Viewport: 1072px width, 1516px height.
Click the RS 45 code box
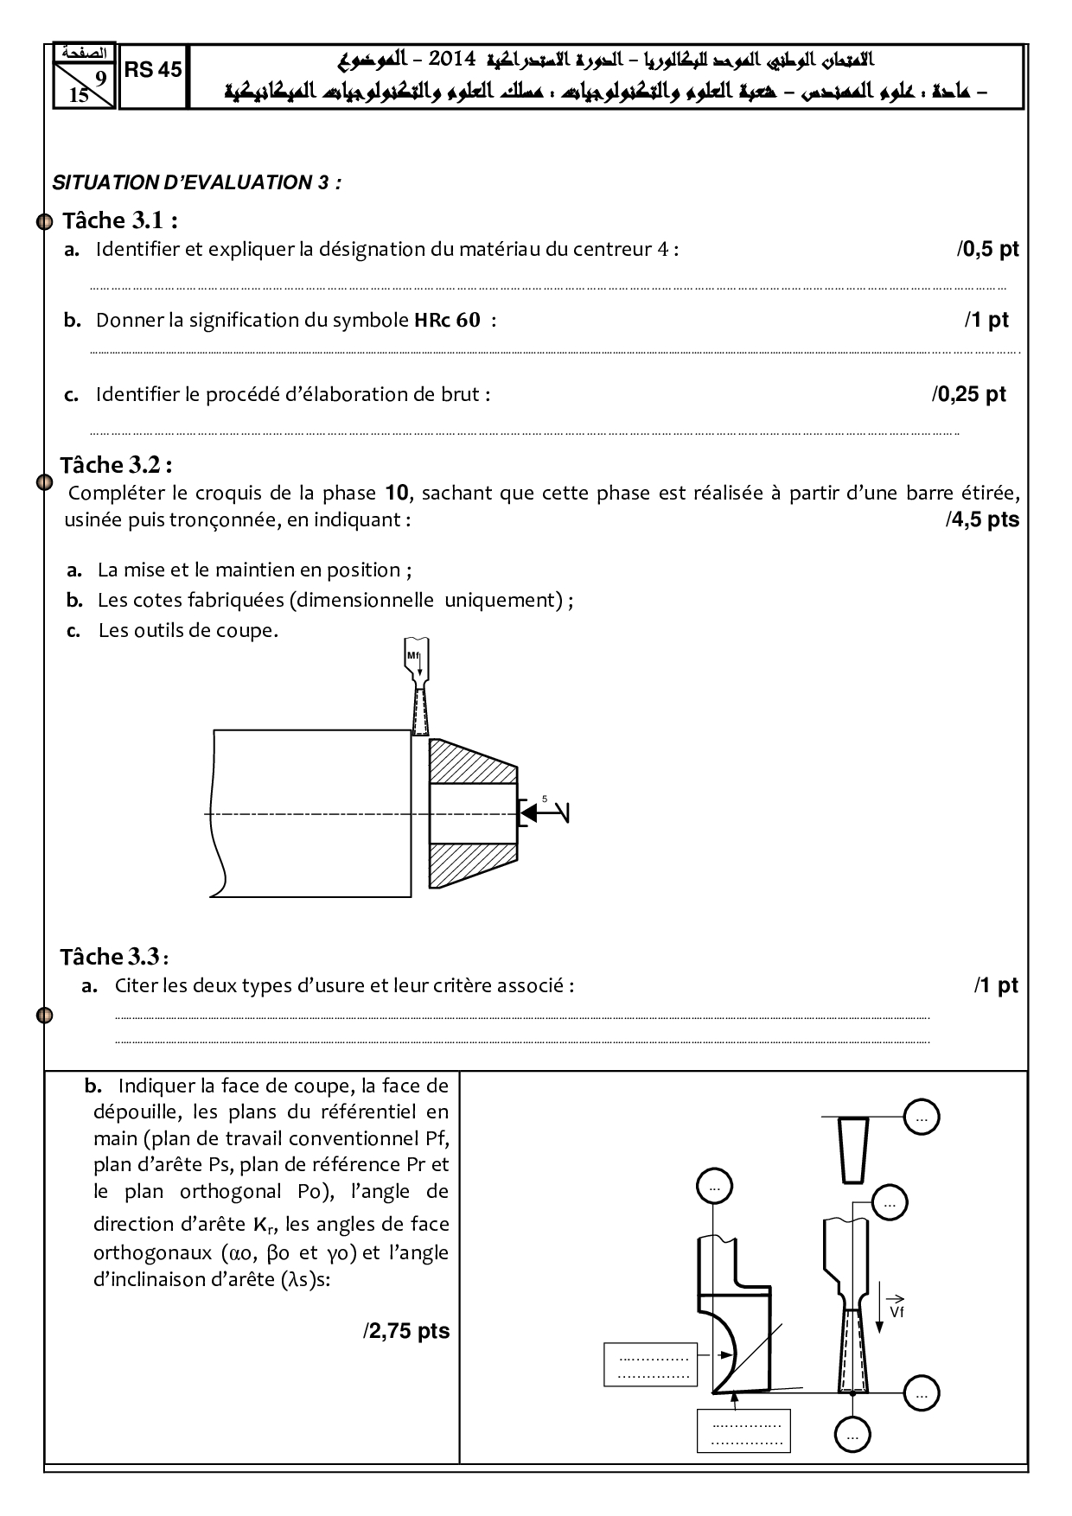[x=153, y=71]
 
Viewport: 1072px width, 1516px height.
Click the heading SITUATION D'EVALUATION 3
[x=196, y=182]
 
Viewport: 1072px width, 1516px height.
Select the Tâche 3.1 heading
[x=120, y=221]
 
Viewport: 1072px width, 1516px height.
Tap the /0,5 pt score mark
[x=987, y=250]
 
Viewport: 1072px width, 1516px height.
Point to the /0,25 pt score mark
[x=968, y=394]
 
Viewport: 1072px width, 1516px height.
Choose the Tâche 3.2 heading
[x=116, y=465]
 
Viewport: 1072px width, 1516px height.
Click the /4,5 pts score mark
[x=982, y=519]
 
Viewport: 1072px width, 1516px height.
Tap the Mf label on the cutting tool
[x=413, y=656]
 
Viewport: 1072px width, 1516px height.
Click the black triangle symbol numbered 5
[x=527, y=812]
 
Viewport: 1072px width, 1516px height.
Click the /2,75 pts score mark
[x=406, y=1331]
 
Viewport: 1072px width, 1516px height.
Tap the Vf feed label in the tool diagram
[x=897, y=1310]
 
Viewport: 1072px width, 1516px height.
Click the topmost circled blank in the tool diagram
[x=921, y=1118]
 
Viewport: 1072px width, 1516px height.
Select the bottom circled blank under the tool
[x=852, y=1436]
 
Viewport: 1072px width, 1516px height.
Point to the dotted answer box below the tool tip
[x=743, y=1430]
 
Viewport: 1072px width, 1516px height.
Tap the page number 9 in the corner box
[x=100, y=79]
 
